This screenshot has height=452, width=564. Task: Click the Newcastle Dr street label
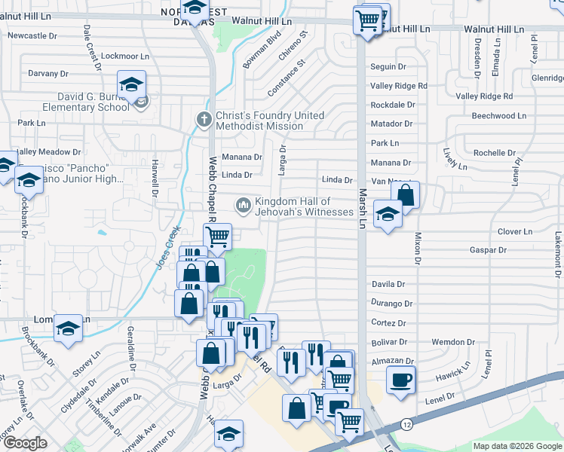(32, 35)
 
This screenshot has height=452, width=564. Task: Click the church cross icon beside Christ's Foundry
(203, 119)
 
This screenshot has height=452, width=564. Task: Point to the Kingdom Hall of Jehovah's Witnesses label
(303, 206)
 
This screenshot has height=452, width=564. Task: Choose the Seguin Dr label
(388, 67)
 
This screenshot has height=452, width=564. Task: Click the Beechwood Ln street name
(498, 115)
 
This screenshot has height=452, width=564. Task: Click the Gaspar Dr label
(488, 249)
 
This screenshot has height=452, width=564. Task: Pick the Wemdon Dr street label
(453, 342)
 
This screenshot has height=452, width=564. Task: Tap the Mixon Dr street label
(416, 249)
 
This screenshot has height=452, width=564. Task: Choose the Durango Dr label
(393, 304)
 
